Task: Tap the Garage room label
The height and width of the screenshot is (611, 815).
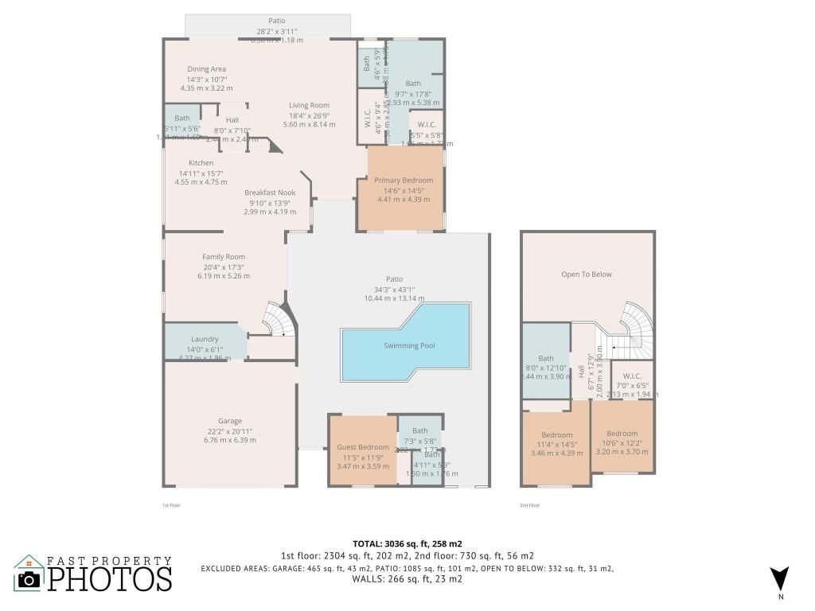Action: pos(230,421)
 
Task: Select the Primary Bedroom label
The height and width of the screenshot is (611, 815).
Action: pos(404,181)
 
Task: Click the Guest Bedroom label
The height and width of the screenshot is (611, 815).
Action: pos(363,447)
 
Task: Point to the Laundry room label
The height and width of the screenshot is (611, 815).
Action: pos(205,339)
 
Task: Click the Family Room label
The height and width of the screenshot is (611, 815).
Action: pos(224,257)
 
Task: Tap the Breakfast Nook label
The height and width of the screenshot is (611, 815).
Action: pos(270,193)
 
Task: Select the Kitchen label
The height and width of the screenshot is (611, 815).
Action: pos(201,163)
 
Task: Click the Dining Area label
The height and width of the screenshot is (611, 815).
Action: pos(207,69)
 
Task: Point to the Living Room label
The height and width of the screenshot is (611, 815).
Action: pos(309,105)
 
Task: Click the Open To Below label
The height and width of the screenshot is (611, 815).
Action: pos(587,274)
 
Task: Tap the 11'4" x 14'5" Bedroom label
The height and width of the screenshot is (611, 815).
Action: pos(556,435)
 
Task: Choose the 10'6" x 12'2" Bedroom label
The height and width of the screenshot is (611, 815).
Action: pos(622,434)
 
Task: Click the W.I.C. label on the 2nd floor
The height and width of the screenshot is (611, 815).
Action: pos(632,376)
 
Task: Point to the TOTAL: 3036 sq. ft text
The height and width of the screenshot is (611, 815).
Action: pos(407,544)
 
